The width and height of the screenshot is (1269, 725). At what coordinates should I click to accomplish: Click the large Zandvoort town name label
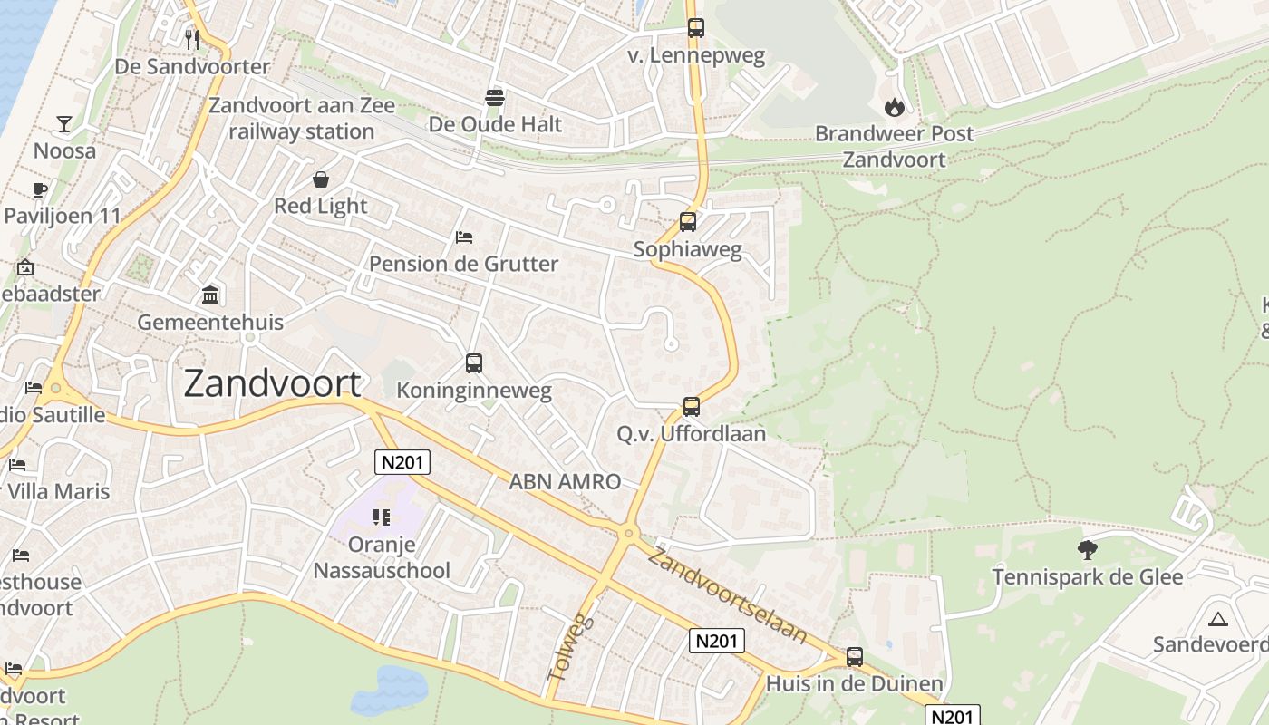272,384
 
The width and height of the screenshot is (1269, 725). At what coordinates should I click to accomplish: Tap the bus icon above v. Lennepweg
695,28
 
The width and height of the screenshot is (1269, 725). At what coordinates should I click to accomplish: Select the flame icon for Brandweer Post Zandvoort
895,107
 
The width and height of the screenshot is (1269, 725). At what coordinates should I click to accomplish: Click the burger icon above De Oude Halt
495,97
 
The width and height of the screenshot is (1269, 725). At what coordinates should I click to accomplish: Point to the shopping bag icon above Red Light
321,179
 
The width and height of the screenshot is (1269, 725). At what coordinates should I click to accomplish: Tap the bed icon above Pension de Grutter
464,237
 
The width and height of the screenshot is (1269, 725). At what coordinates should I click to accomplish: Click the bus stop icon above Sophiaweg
688,222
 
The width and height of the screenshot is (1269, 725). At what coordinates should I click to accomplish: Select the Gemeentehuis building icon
210,295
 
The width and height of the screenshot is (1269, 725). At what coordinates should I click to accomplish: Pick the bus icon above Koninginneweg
474,363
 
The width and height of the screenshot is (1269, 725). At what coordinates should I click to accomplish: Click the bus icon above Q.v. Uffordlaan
692,407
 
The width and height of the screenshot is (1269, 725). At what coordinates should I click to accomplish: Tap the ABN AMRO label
565,482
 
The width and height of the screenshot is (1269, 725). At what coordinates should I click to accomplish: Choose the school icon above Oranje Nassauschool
382,517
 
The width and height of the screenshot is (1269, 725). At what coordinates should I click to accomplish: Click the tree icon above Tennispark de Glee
1087,549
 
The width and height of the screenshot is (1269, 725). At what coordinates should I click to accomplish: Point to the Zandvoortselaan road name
728,595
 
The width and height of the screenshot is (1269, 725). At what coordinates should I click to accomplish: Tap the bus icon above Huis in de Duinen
854,657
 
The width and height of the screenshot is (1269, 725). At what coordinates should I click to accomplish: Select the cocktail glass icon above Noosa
64,124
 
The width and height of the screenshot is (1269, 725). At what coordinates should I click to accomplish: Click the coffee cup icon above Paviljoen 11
39,189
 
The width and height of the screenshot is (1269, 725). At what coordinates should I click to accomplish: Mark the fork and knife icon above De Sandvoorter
191,39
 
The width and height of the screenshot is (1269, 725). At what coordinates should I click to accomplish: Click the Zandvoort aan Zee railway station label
302,119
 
